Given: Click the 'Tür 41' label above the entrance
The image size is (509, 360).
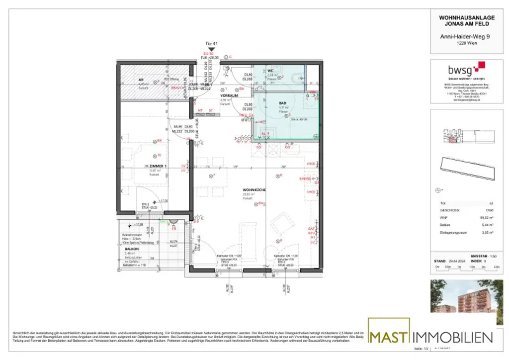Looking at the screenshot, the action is (212, 44).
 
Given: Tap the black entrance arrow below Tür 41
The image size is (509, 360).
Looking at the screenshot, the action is (212, 49).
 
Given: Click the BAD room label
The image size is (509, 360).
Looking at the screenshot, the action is (282, 103).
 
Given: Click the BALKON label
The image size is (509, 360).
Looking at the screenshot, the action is (131, 248).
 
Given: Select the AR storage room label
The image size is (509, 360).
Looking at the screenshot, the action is (141, 80).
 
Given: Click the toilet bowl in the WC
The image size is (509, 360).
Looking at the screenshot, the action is (298, 78).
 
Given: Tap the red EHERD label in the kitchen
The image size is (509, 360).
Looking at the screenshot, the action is (305, 179).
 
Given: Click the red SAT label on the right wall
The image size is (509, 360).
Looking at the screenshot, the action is (311, 228).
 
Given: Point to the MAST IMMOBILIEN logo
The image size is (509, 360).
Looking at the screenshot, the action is (430, 336).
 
